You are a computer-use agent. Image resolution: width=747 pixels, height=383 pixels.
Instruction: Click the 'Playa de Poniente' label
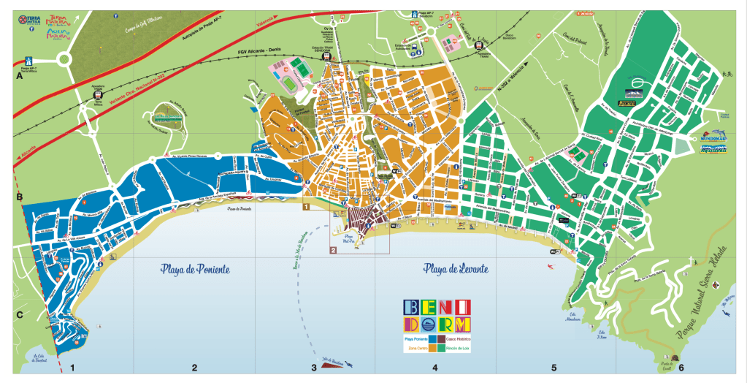click(195, 270)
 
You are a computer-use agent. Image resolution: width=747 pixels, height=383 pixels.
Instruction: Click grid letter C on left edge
click(20, 316)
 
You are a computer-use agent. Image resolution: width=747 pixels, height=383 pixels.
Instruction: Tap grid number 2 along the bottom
click(195, 368)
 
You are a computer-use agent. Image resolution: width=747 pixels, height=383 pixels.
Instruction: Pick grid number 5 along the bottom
click(553, 368)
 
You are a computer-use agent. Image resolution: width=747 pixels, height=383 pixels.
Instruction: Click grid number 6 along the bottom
click(680, 368)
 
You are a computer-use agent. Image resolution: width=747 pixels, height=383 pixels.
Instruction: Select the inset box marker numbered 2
click(333, 250)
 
